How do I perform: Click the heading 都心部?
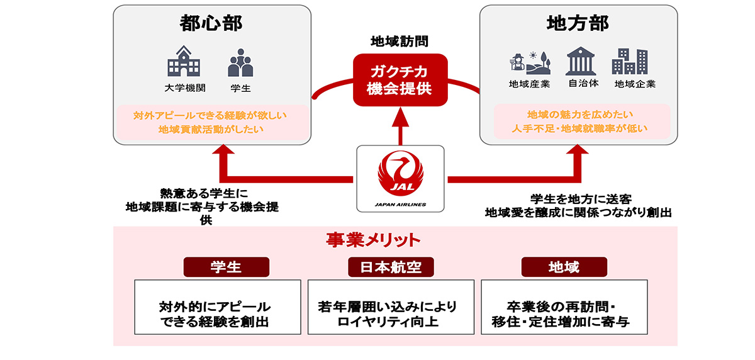(x=211, y=24)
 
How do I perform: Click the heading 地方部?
(x=578, y=24)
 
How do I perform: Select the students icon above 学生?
(x=240, y=63)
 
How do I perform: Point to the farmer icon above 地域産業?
(x=529, y=62)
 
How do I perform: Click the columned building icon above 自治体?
(x=582, y=62)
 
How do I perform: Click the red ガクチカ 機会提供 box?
(x=400, y=79)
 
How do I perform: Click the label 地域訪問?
(x=400, y=42)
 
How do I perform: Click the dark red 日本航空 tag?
(x=391, y=267)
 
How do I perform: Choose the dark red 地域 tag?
(x=564, y=267)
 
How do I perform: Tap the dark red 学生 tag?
(x=226, y=267)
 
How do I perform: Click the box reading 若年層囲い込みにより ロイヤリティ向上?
(x=391, y=307)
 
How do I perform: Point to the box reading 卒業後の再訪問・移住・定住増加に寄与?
(x=564, y=307)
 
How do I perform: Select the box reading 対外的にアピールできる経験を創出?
(x=218, y=307)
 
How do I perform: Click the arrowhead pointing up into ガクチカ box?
(x=400, y=115)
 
